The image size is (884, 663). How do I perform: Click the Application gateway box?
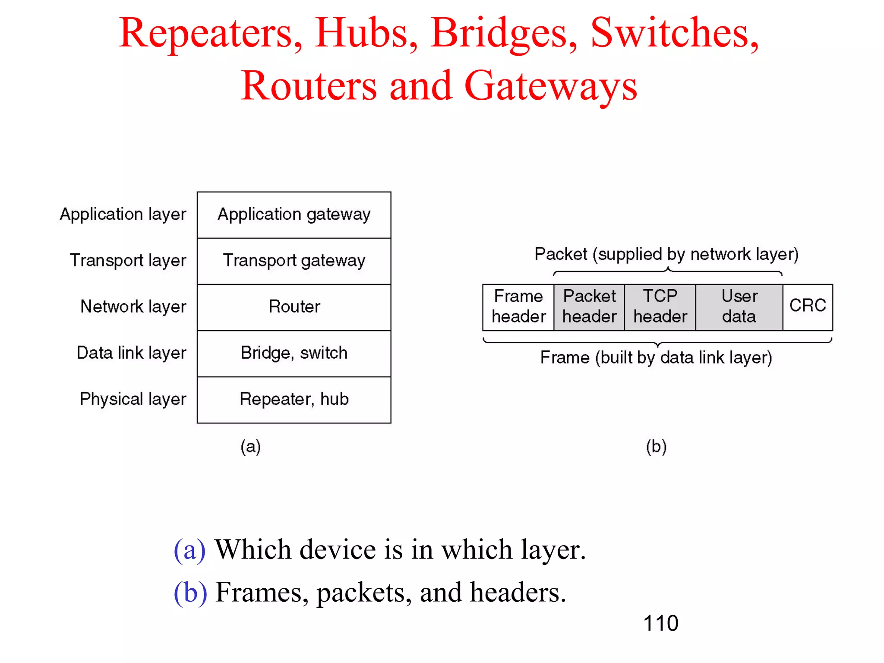294,215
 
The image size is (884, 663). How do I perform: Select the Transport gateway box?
294,261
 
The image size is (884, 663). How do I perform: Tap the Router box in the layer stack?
294,307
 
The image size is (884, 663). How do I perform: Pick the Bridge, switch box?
294,354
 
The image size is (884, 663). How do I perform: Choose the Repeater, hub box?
294,400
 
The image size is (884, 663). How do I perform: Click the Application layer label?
123,215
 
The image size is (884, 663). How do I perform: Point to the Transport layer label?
128,261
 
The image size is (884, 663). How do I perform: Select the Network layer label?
133,307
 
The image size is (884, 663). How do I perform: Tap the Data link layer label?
131,353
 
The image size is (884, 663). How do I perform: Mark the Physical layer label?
133,399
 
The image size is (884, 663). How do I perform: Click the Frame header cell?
518,307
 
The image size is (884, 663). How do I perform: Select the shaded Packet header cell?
589,307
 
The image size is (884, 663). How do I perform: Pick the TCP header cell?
660,307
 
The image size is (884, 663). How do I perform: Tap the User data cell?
739,307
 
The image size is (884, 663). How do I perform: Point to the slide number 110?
660,623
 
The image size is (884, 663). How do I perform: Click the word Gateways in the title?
550,86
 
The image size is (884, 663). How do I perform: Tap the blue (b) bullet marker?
190,592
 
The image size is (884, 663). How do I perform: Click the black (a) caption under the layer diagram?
251,447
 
